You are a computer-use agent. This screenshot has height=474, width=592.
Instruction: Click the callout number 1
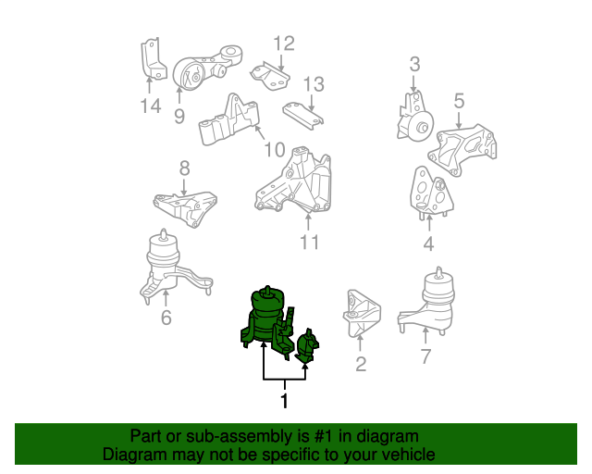coord(284,401)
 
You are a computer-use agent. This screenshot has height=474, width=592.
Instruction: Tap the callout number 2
coord(361,364)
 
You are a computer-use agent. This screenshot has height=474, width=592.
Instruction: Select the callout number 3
coord(414,64)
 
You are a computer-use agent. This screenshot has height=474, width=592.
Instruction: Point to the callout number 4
coord(428,244)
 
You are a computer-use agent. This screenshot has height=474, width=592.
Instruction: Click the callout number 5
coord(459,100)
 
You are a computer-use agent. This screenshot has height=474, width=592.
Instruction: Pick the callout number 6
coord(166,318)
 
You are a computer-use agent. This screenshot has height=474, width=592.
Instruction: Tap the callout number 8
coord(184,168)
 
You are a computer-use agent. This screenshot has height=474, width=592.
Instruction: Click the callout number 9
coord(179,116)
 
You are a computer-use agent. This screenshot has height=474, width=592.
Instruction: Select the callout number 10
coord(274,149)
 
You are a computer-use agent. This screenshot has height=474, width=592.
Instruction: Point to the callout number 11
coord(309,243)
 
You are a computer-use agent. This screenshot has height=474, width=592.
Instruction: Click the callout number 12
coord(283,43)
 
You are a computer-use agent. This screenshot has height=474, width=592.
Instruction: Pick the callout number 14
coord(150,106)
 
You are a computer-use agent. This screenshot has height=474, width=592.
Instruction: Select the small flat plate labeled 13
coord(304,116)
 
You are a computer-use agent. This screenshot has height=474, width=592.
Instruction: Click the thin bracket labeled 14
coord(149,62)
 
